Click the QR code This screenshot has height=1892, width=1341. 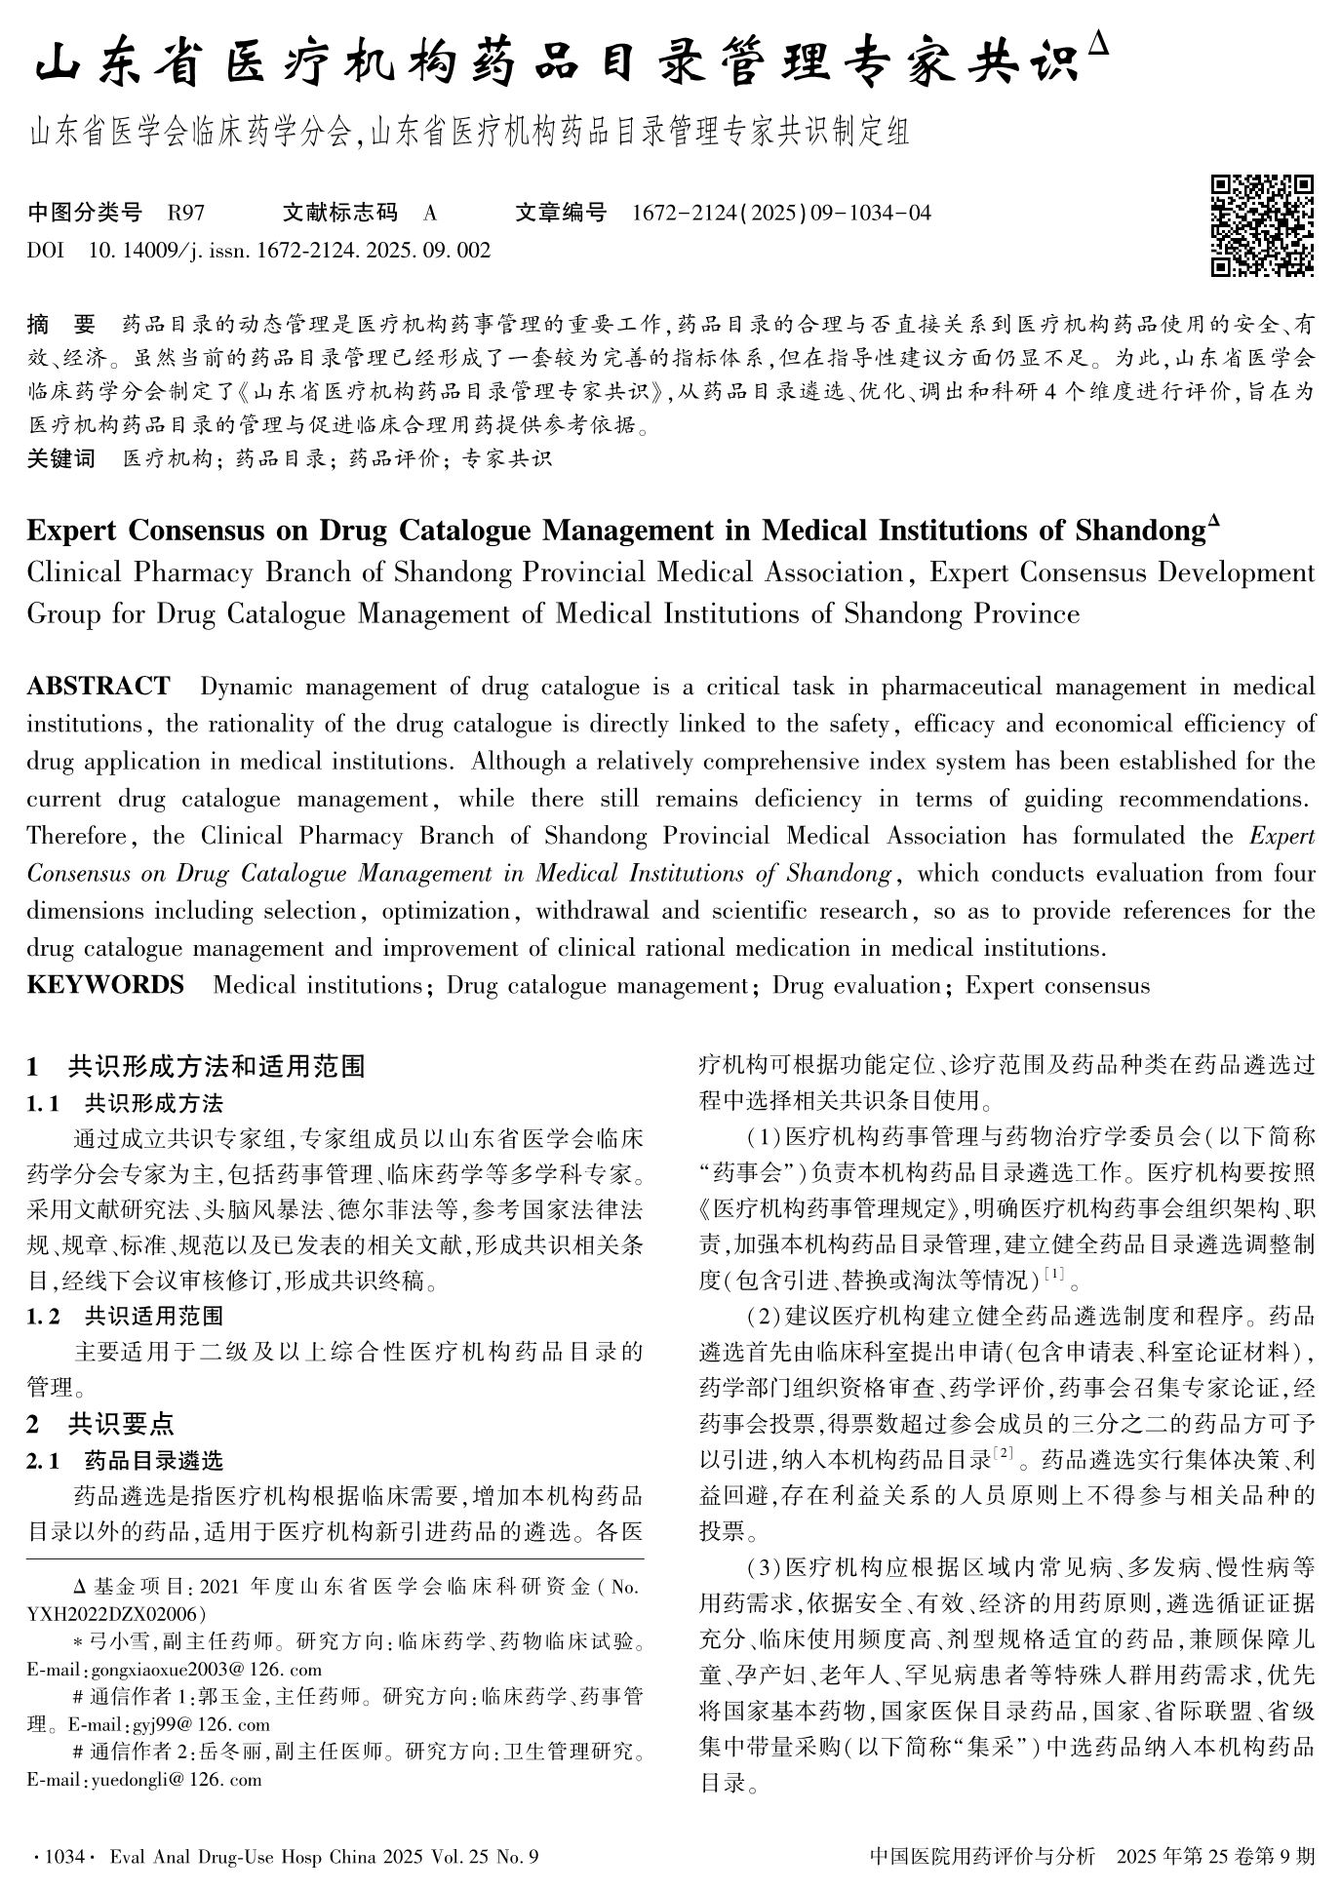tap(1262, 225)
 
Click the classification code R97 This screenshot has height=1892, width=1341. tap(185, 213)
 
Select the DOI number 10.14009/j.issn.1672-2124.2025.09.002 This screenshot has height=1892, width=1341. tap(290, 251)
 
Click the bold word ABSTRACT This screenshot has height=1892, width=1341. tap(99, 687)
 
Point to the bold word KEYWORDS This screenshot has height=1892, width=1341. tap(105, 985)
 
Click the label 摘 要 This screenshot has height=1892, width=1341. tap(61, 324)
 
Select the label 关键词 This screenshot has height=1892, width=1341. tap(61, 458)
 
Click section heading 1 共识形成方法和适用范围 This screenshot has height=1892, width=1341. tap(196, 1066)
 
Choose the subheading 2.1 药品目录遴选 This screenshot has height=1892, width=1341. tap(125, 1460)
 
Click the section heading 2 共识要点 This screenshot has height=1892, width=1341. tap(100, 1424)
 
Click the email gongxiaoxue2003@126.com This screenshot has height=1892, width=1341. tap(175, 1670)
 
